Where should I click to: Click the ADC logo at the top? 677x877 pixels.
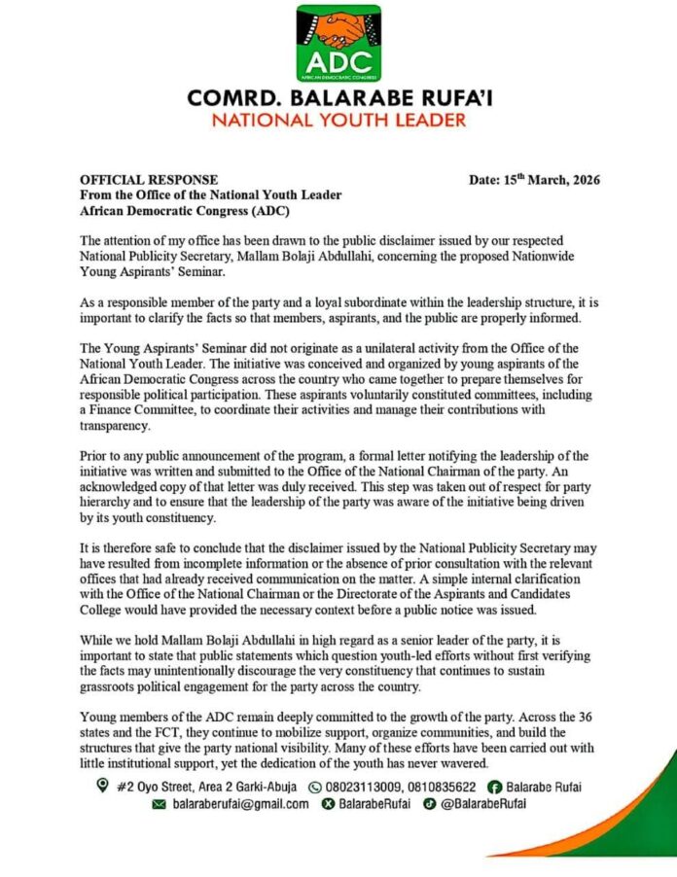(x=338, y=45)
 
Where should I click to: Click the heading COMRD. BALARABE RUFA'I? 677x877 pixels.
(x=338, y=99)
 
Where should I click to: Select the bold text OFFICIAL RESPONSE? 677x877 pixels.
(x=149, y=180)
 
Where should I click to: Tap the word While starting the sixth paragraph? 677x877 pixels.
(x=98, y=643)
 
